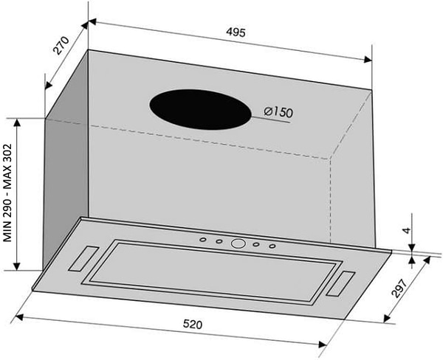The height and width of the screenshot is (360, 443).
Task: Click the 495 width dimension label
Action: [x=236, y=32]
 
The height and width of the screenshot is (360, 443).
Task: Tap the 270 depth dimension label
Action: [x=61, y=45]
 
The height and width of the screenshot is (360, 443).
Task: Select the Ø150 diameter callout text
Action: [x=278, y=112]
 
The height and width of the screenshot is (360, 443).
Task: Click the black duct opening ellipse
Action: [x=200, y=110]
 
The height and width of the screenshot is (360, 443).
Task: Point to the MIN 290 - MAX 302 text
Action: [x=7, y=193]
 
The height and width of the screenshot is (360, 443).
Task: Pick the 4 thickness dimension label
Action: [x=406, y=230]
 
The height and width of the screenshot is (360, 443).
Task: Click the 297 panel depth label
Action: [x=400, y=288]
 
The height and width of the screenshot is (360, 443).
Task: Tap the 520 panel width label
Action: [x=193, y=324]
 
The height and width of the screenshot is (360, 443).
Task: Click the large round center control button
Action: [x=238, y=243]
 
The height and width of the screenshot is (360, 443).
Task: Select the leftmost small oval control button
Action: [x=203, y=240]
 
